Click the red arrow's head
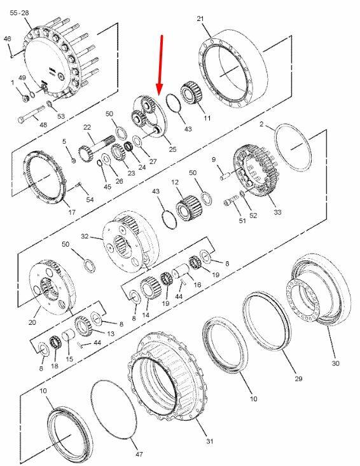(x=160, y=89)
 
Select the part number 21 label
(x=200, y=18)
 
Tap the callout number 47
(x=139, y=454)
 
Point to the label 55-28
(x=19, y=13)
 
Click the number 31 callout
(x=210, y=441)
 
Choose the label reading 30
(x=335, y=363)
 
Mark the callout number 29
(x=298, y=379)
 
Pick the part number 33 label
(x=277, y=212)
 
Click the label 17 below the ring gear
(x=72, y=212)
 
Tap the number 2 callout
(x=261, y=124)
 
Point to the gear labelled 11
(x=191, y=93)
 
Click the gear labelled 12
(x=188, y=208)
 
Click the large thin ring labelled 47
(x=113, y=409)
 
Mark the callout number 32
(x=85, y=236)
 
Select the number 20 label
(x=32, y=322)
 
